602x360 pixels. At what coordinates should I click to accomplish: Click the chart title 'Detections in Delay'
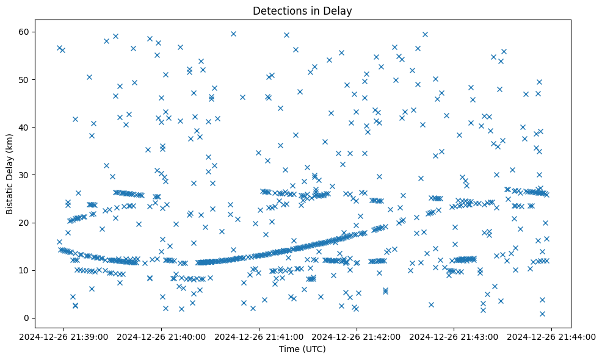(x=303, y=11)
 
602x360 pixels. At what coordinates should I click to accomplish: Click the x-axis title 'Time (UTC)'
(x=303, y=349)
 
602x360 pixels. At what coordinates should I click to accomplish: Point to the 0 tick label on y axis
(x=27, y=318)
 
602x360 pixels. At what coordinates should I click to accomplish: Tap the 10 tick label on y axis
(x=24, y=270)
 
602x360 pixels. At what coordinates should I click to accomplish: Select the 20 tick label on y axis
(x=24, y=223)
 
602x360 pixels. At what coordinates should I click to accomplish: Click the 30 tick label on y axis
(x=24, y=175)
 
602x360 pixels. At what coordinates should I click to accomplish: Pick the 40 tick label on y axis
(x=24, y=127)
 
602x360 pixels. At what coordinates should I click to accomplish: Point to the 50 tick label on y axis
(x=24, y=79)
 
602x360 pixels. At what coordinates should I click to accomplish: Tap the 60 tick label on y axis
(x=24, y=32)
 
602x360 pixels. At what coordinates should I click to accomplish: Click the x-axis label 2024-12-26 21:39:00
(x=64, y=336)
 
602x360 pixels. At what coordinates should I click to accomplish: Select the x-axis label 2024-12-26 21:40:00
(x=162, y=336)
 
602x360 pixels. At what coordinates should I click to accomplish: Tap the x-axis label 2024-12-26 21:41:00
(x=259, y=336)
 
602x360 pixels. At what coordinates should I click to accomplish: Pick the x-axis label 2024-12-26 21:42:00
(x=357, y=336)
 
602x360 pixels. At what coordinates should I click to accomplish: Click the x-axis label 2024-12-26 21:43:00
(x=454, y=336)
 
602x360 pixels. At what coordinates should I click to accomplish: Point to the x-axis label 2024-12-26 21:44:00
(x=552, y=336)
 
